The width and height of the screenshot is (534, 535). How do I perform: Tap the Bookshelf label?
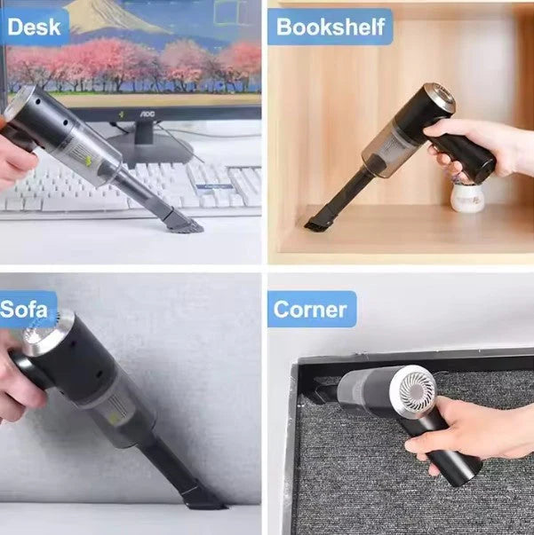point(331,27)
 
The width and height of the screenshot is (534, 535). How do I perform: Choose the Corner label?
point(310,310)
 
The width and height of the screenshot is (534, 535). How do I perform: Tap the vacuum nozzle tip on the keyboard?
point(183,223)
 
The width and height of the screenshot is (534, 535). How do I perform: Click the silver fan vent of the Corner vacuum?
point(415,391)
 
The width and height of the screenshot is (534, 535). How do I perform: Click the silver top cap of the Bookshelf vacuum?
point(438,98)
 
